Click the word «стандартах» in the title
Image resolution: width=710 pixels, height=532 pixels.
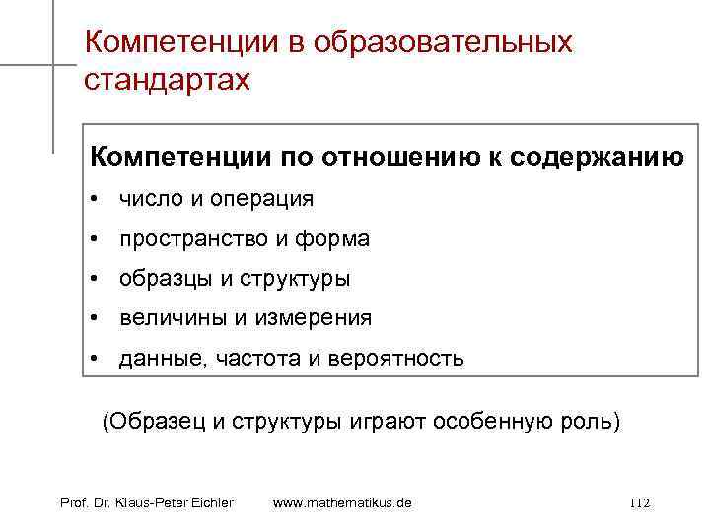pyautogui.click(x=168, y=79)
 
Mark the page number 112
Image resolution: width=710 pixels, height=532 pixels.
pyautogui.click(x=638, y=503)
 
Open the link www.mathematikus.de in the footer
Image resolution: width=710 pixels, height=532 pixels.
pyautogui.click(x=341, y=503)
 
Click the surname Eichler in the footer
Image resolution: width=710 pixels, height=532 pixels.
pyautogui.click(x=207, y=503)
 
